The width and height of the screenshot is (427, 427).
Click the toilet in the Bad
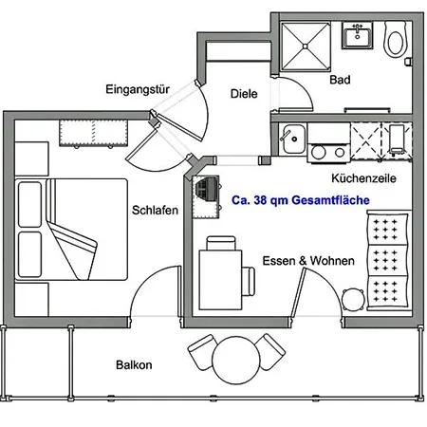coord(396,39)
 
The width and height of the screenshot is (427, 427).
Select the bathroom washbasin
coord(358,35)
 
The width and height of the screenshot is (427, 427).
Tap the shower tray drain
coord(305,46)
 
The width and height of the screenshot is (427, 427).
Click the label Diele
coord(244,94)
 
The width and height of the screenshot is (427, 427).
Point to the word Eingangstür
coord(138,89)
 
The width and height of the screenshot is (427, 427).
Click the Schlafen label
coord(155,210)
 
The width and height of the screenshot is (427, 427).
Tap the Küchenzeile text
coord(363,178)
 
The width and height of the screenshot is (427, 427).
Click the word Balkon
coord(134,365)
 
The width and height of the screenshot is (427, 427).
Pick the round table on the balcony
coord(236,360)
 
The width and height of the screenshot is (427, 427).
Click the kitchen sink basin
coord(294,139)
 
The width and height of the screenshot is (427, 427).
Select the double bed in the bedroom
coord(71,230)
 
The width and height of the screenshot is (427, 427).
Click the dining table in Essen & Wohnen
coord(220,280)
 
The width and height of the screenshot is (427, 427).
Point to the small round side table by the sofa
coord(353,299)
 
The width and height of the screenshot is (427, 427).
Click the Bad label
coord(340,80)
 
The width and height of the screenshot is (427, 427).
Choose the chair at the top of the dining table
coord(221,243)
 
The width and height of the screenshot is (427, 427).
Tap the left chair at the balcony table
coord(201,351)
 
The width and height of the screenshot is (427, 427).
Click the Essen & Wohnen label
coord(308,261)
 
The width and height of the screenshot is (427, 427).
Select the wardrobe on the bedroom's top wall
coord(94,133)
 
